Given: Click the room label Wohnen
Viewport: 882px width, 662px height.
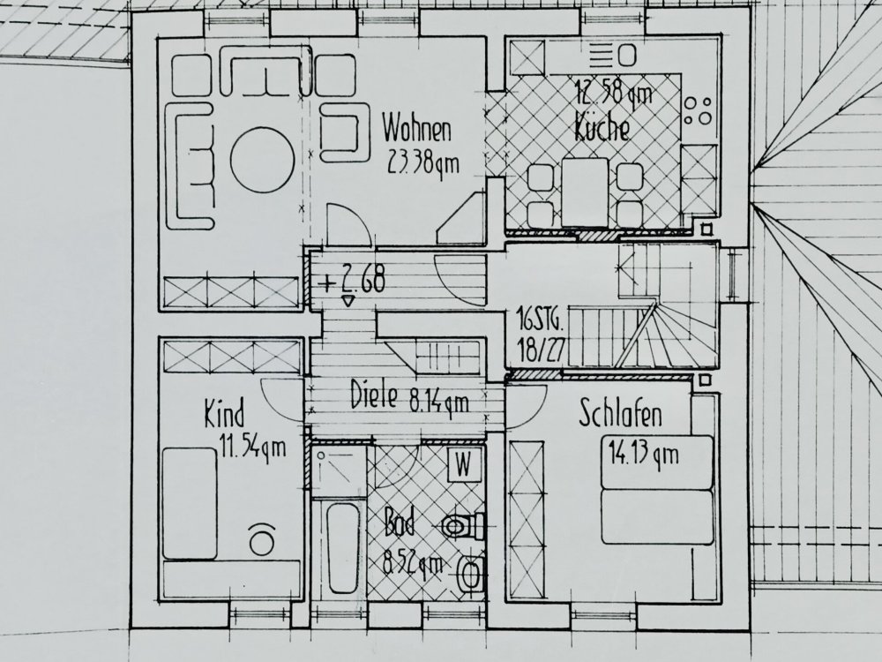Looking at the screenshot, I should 416,130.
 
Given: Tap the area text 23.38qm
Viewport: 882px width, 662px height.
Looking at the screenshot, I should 424,161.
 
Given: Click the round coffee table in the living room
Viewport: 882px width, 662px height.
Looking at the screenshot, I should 262,159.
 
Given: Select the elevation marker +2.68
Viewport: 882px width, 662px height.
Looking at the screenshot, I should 354,282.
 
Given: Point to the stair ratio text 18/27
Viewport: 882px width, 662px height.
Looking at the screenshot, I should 539,347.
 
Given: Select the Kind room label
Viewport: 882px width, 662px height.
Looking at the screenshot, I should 224,414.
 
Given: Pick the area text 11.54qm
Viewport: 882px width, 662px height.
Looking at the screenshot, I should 252,446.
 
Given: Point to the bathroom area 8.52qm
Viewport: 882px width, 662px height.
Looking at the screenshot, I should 411,560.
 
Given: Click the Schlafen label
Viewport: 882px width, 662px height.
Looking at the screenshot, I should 621,413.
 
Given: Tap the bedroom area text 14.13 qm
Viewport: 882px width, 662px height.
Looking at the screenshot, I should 643,455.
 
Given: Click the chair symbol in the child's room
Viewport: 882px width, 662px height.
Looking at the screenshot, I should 261,538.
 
